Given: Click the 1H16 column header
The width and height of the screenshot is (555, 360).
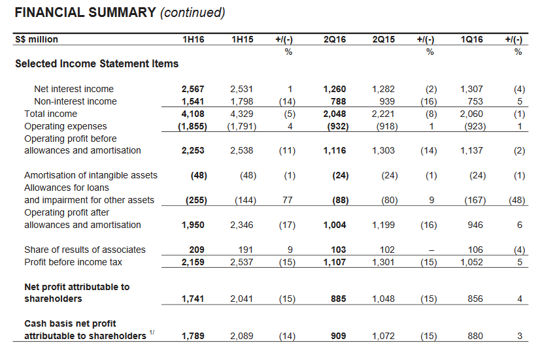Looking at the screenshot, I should (194, 40).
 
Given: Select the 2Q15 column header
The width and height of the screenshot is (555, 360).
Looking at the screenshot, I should (384, 40).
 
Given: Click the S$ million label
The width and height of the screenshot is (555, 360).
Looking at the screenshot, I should (37, 40).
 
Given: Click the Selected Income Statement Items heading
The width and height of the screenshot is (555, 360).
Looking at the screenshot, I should (97, 64).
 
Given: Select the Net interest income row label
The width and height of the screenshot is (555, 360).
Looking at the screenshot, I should (74, 89).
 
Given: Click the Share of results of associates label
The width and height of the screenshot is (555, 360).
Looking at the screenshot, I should (85, 250).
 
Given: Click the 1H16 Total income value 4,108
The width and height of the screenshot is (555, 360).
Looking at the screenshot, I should (193, 114).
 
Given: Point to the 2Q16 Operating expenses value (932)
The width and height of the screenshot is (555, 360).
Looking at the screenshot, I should (335, 126).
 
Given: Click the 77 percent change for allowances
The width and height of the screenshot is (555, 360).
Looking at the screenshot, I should (288, 200).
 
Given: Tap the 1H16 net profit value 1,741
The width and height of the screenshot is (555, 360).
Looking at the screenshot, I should (193, 299).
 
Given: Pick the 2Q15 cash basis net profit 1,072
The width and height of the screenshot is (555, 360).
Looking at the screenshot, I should (384, 336).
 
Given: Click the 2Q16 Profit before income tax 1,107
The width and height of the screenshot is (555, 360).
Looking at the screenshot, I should (335, 262).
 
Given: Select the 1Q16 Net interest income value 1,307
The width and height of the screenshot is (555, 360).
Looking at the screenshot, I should (472, 89).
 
